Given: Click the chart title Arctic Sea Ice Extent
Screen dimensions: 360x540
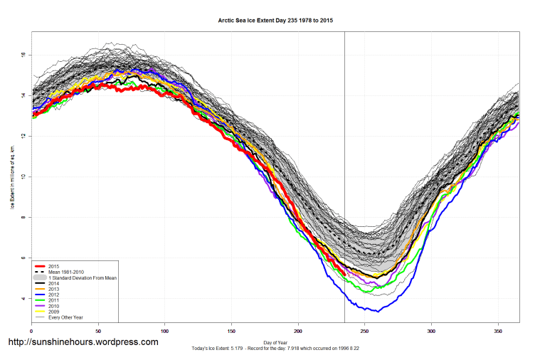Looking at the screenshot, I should pyautogui.click(x=275, y=21).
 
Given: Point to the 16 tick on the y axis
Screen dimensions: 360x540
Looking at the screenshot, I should pyautogui.click(x=23, y=55).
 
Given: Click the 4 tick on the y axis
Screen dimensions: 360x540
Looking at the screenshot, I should pyautogui.click(x=23, y=299).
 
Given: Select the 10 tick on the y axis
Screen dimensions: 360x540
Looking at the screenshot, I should pyautogui.click(x=23, y=177).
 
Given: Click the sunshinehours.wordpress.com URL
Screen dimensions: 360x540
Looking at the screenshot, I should pyautogui.click(x=83, y=342).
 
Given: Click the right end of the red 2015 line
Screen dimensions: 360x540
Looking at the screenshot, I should pyautogui.click(x=344, y=274).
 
